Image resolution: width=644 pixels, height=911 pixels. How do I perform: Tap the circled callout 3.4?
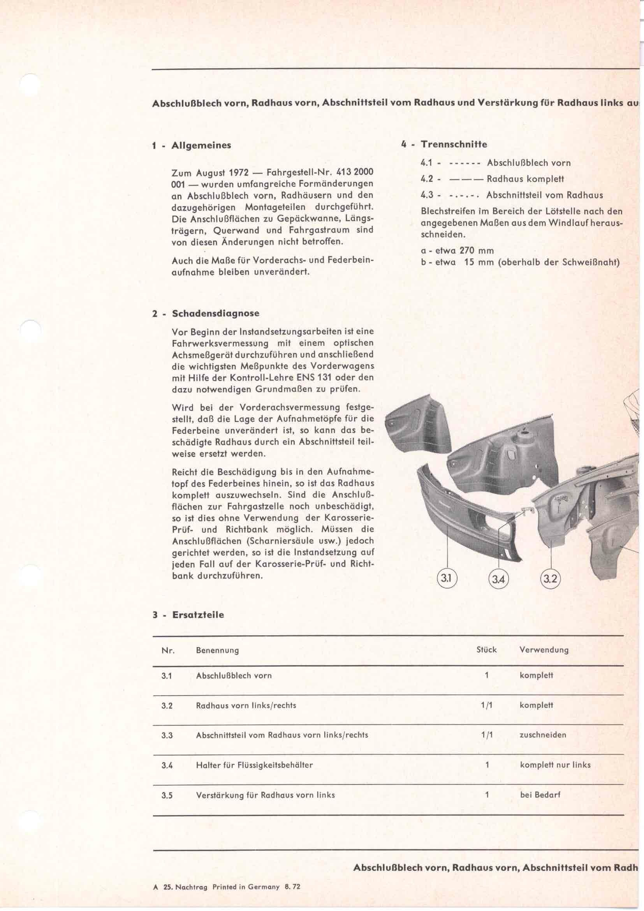tap(498, 579)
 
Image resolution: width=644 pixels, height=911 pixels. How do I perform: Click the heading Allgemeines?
tap(201, 145)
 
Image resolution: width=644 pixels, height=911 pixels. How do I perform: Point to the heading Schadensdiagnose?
tap(216, 314)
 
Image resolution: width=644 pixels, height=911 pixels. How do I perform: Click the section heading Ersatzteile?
tap(198, 615)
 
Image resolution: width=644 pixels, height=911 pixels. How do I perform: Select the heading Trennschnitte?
tap(454, 144)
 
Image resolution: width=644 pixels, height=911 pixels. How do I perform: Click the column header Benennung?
tap(217, 650)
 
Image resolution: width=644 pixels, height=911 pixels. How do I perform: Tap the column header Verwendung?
tap(544, 650)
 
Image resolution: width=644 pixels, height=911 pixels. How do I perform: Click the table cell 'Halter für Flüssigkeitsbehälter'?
tap(254, 765)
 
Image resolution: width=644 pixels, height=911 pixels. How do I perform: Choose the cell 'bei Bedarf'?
tap(540, 795)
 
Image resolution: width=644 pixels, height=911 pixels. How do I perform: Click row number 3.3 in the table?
tap(167, 735)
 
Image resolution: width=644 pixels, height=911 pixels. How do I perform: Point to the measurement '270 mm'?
tap(477, 251)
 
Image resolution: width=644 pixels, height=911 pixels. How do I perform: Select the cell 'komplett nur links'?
tap(555, 765)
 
